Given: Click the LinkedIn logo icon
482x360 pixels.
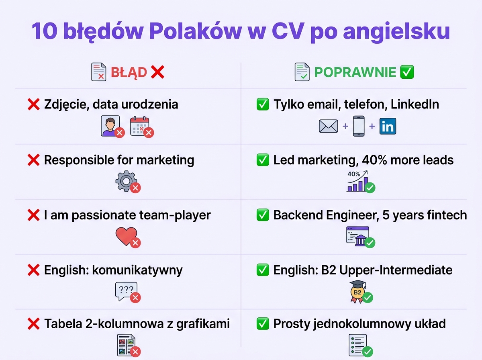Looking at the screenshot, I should point(388,126).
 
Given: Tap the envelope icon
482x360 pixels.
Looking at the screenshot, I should point(329,126).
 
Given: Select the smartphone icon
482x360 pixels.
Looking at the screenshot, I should point(359,126).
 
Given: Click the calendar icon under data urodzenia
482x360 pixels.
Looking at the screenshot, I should point(139,125).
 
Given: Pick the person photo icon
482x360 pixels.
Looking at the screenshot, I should point(110,125).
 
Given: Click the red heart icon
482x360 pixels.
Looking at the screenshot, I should point(126,236).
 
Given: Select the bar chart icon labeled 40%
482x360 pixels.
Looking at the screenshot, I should point(357,182).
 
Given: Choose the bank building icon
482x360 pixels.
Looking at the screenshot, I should point(357,236).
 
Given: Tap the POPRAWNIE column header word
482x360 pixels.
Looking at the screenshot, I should point(355,73).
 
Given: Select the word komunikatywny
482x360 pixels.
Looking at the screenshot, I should point(137,270).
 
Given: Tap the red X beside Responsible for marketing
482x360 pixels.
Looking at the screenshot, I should point(33,160).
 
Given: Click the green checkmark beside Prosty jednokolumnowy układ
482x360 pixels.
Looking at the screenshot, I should point(263,323).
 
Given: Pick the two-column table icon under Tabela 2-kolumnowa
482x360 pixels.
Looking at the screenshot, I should point(126,345).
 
